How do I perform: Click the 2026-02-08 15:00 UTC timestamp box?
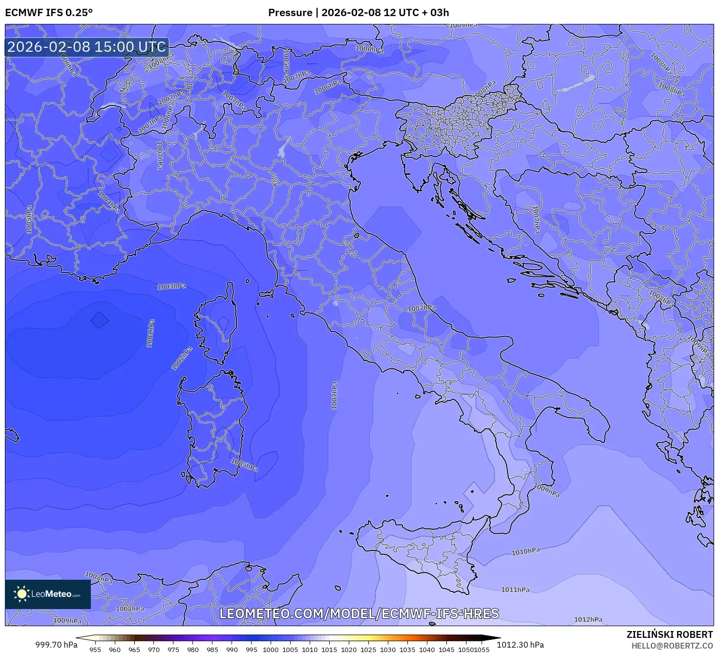pos(87,47)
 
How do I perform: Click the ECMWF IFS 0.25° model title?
pos(49,13)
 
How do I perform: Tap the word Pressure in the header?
pos(290,13)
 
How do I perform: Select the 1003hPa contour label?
pos(171,286)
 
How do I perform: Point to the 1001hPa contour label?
pos(150,334)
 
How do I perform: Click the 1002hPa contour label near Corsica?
pos(182,358)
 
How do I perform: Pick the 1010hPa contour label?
pos(526,551)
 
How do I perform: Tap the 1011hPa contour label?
pos(515,590)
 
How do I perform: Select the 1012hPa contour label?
pos(588,619)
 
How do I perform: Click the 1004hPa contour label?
pos(108,201)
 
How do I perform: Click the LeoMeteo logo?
pos(48,594)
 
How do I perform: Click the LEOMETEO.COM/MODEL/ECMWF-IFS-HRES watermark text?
pos(359,613)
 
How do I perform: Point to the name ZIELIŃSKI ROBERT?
pos(670,634)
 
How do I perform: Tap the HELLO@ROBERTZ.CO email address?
pos(672,646)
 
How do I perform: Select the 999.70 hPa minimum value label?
pos(56,645)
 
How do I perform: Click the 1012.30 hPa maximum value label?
pos(520,645)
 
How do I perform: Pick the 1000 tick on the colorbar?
pos(271,650)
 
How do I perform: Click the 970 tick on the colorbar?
pos(154,650)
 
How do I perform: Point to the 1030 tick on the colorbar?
pos(388,650)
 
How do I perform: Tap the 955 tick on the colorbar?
pos(95,650)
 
